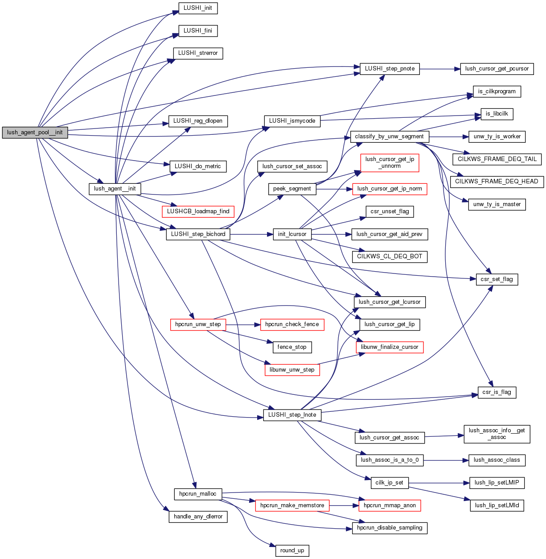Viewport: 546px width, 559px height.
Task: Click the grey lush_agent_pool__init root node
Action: pos(35,133)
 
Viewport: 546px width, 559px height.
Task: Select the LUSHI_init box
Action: pos(198,8)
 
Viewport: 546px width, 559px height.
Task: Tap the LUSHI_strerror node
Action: pos(198,53)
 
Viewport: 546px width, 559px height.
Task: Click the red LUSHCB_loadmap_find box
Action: pos(198,211)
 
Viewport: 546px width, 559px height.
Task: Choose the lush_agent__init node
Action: pos(115,189)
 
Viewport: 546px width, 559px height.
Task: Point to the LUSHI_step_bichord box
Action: pos(198,234)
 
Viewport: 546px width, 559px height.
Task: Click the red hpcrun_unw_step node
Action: pos(198,324)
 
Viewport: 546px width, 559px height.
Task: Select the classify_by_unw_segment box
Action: pos(389,137)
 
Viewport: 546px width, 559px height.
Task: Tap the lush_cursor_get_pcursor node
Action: pos(497,69)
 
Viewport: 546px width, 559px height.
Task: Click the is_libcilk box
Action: pos(497,114)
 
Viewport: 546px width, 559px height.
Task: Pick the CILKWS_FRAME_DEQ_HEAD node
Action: pos(497,182)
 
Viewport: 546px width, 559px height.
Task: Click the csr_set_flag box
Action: pos(497,279)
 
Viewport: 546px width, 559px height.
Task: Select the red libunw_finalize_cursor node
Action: pos(390,347)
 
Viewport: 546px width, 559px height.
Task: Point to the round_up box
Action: pos(292,551)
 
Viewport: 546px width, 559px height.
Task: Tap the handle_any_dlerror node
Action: pos(198,517)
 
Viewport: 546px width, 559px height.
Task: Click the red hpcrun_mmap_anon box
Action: pos(390,505)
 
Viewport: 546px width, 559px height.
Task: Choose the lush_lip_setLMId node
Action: pos(497,505)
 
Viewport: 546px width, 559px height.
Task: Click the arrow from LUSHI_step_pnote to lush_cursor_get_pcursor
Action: pos(439,69)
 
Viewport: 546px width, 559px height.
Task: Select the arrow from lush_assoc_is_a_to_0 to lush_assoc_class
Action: pos(446,460)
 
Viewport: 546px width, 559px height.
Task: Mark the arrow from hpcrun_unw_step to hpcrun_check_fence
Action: pos(243,325)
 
